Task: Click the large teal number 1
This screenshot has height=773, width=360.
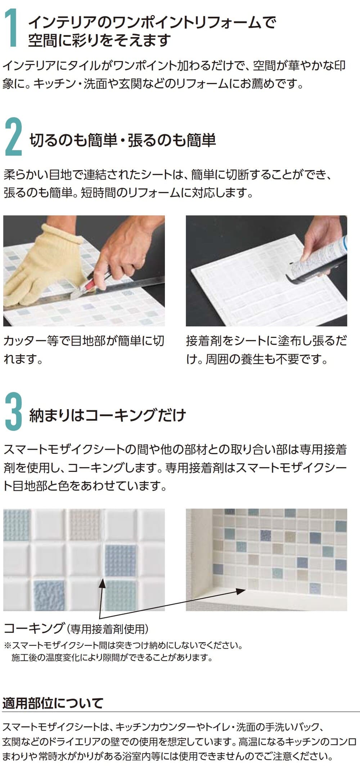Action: [13, 28]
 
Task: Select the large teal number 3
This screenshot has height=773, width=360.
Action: [14, 412]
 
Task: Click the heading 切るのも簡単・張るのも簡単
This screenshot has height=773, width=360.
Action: [123, 140]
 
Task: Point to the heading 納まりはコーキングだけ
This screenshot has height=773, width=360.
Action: [108, 415]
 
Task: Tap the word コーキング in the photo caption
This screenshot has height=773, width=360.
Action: [33, 628]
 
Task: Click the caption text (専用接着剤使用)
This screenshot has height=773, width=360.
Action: [107, 629]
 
